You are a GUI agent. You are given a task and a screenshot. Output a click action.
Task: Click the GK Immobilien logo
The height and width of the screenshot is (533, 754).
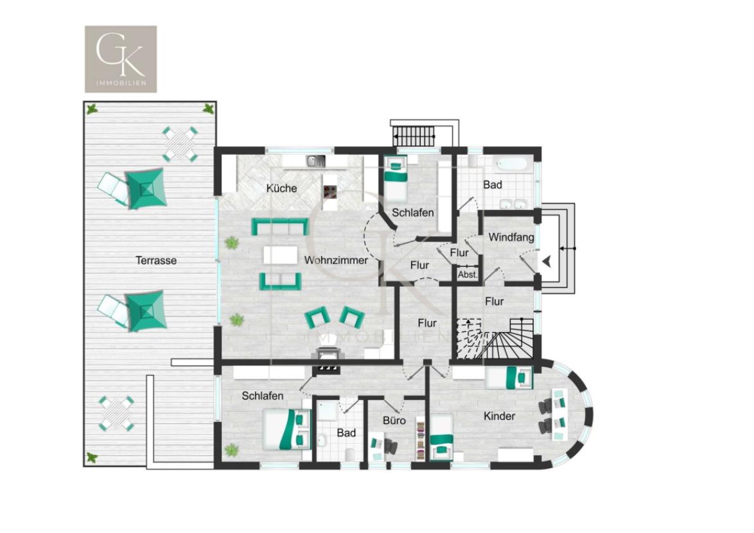[x=121, y=58]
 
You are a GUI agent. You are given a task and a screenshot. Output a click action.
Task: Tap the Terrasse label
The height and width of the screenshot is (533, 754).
[x=155, y=261]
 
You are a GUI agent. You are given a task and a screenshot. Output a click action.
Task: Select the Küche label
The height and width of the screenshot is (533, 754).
[x=281, y=188]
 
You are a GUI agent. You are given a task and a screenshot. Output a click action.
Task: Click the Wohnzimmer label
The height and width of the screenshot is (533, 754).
[x=336, y=260]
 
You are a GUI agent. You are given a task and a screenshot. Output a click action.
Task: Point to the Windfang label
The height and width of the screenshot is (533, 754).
[x=511, y=237]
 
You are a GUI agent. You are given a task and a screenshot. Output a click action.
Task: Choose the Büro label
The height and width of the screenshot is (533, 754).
[x=394, y=420]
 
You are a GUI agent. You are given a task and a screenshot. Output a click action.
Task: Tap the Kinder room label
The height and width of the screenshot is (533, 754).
[x=499, y=416]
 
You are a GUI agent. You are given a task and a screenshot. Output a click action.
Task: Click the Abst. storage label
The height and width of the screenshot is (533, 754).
[x=467, y=274]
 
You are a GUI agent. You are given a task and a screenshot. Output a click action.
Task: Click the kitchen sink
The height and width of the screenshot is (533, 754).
[x=316, y=161]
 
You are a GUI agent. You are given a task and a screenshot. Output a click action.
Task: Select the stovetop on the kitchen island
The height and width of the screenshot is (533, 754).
[x=330, y=190]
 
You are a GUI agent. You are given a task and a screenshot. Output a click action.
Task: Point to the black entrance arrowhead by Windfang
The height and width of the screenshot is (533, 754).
[x=547, y=261]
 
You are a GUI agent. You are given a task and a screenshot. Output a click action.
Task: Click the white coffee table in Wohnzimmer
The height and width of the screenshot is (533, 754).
[x=281, y=255]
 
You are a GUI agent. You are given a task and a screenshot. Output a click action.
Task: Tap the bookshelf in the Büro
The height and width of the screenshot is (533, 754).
[x=420, y=437]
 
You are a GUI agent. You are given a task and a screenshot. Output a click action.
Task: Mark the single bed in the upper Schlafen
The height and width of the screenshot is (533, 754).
[x=396, y=176]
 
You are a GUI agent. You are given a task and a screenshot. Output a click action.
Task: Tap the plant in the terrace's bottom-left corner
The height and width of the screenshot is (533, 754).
[x=92, y=458]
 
